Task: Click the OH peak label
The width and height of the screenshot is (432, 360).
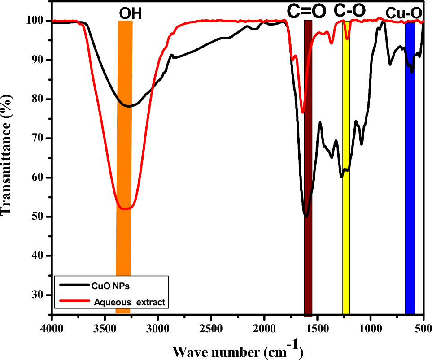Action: pos(130,14)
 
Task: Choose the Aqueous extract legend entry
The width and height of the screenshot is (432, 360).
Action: pos(130,303)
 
